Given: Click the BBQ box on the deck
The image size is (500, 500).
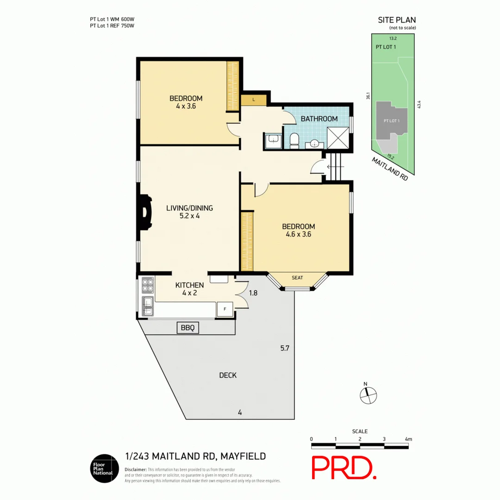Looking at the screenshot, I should (188, 328).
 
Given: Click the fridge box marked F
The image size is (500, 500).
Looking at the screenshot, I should (225, 309).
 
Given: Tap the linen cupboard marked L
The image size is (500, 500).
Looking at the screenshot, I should (254, 100).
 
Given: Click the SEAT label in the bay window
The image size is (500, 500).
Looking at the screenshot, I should (297, 278).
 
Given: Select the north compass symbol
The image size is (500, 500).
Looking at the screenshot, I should (368, 394).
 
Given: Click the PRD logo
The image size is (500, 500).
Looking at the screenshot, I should (344, 468).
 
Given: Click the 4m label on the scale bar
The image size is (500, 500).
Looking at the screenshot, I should (408, 439).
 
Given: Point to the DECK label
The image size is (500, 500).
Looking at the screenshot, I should (228, 375).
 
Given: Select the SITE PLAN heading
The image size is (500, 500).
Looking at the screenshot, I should (397, 20).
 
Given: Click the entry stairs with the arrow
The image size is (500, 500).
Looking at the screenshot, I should (335, 167).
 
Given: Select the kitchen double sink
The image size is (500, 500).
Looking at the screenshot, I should (148, 306).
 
